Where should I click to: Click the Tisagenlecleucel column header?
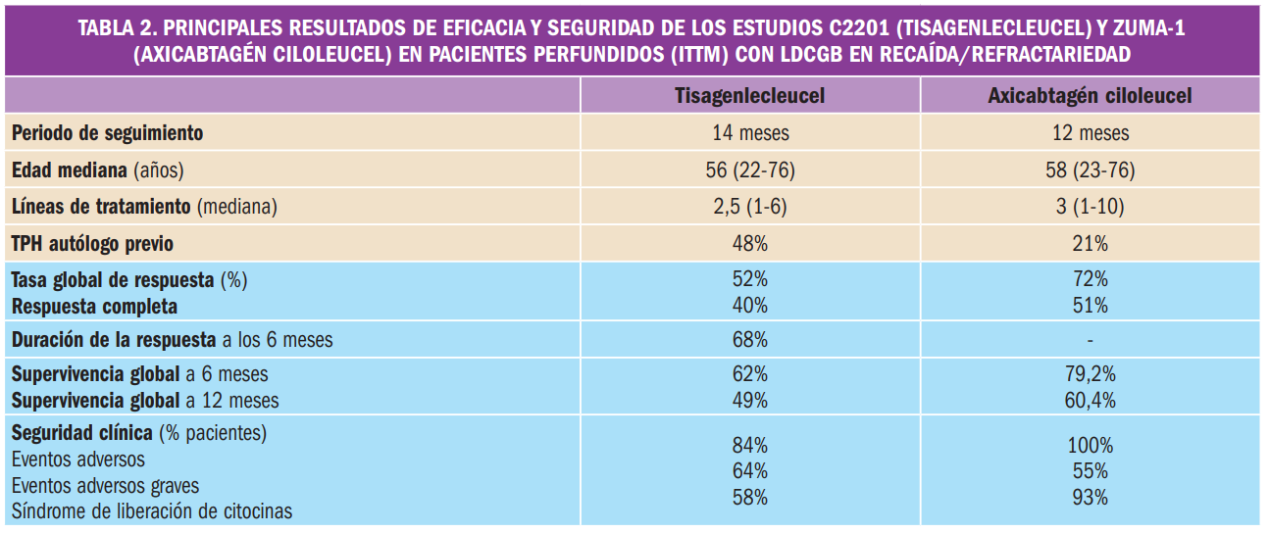tap(749, 96)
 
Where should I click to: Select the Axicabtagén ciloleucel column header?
tap(1090, 96)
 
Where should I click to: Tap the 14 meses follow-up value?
tap(749, 133)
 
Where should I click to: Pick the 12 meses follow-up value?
tap(1090, 133)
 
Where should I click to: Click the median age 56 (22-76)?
tap(749, 170)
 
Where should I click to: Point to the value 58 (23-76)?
tap(1090, 170)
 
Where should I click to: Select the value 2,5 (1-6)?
tap(749, 207)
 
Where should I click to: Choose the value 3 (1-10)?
tap(1090, 207)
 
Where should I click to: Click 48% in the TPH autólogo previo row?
tap(749, 243)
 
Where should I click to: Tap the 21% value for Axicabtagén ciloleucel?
tap(1090, 243)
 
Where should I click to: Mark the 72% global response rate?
tap(1090, 280)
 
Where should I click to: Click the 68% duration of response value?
tap(749, 341)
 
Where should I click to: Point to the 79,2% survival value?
tap(1090, 375)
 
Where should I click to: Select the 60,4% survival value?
tap(1090, 401)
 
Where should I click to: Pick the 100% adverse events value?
tap(1090, 445)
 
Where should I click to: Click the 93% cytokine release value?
tap(1090, 497)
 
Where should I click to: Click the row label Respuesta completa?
tap(94, 306)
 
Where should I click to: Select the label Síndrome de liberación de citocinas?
tap(152, 511)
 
